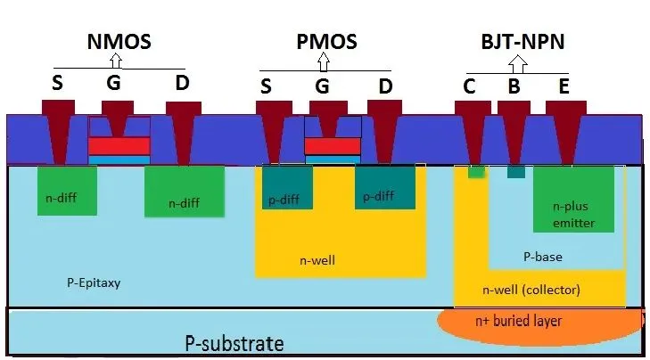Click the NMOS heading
point(118,41)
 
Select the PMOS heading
point(326,41)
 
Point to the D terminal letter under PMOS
point(385,86)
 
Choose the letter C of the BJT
point(469,86)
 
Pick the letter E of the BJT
point(563,86)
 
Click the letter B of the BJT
point(514,86)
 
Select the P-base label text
point(542,257)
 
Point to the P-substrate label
point(234,343)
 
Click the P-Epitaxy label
point(94,283)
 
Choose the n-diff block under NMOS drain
point(183,191)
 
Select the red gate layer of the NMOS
point(119,146)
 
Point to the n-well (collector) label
point(531,290)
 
